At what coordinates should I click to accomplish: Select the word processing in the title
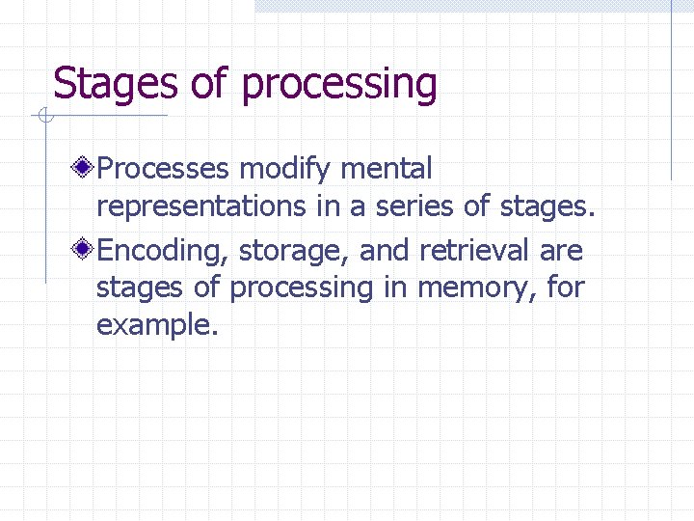[339, 85]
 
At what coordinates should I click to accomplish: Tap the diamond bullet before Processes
[85, 170]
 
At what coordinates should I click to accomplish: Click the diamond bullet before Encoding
[85, 251]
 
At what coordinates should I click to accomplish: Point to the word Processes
[164, 170]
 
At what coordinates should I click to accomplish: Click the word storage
[295, 252]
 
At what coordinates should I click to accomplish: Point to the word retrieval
[474, 251]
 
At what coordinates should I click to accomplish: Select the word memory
[476, 288]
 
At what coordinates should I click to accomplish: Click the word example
[157, 325]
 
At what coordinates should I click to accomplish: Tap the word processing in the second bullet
[302, 288]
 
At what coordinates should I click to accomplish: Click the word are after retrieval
[561, 251]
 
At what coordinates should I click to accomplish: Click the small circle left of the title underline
[43, 117]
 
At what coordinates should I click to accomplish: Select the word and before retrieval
[384, 251]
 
